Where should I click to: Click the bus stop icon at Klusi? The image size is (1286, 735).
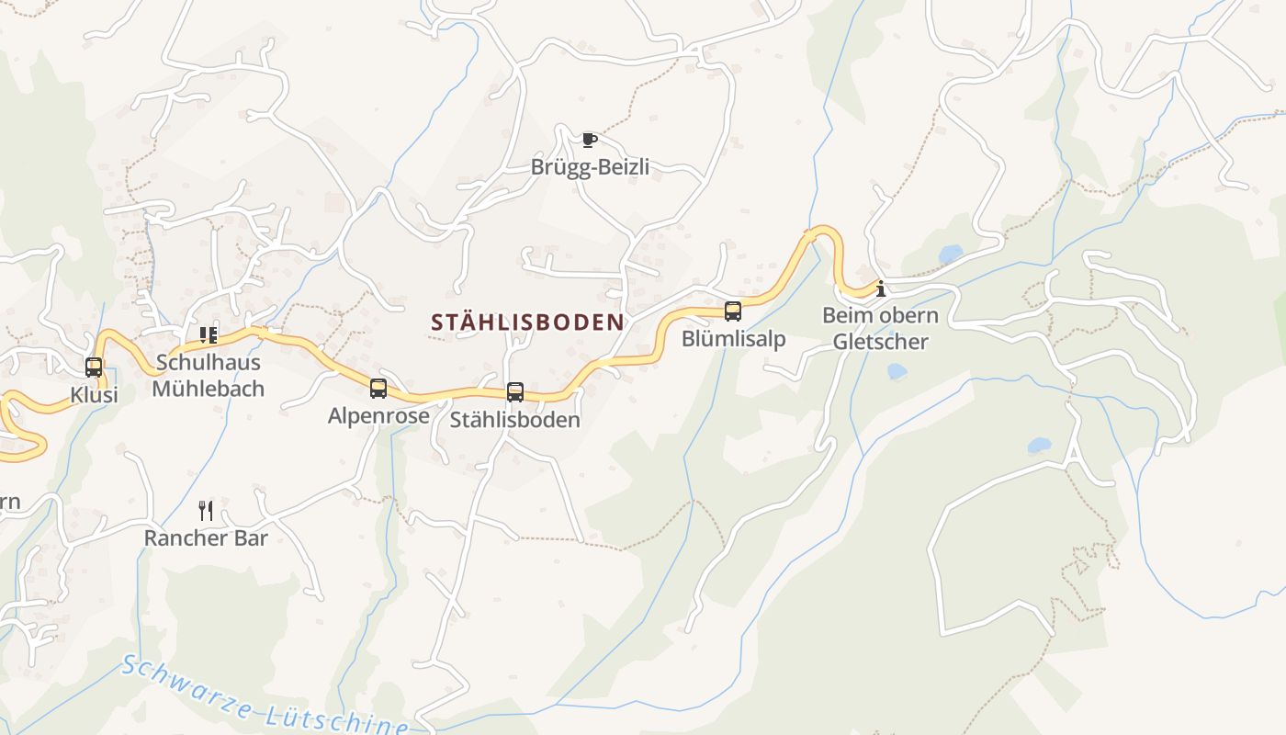tap(94, 367)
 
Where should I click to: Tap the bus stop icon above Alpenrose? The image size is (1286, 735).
tap(378, 389)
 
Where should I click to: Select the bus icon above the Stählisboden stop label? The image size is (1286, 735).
tap(515, 392)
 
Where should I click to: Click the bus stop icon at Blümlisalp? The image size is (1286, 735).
tap(733, 311)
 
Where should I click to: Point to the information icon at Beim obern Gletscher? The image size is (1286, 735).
tap(881, 288)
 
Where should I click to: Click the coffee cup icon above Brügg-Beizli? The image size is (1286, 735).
tap(590, 140)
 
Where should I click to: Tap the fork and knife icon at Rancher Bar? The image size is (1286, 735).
tap(206, 511)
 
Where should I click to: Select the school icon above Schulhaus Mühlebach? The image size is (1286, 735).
tap(209, 335)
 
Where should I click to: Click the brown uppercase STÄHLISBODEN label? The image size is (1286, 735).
tap(527, 322)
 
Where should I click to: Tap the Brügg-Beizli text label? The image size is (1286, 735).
tap(590, 167)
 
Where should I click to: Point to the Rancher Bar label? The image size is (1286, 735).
tap(206, 538)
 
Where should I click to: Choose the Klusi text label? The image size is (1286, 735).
tap(95, 396)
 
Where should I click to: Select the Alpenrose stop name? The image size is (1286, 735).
tap(378, 416)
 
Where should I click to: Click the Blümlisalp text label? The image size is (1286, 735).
tap(733, 339)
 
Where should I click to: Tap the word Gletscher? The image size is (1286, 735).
tap(881, 343)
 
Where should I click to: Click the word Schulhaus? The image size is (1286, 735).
tap(209, 363)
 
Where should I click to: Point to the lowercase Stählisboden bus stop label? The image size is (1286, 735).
tap(515, 421)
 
